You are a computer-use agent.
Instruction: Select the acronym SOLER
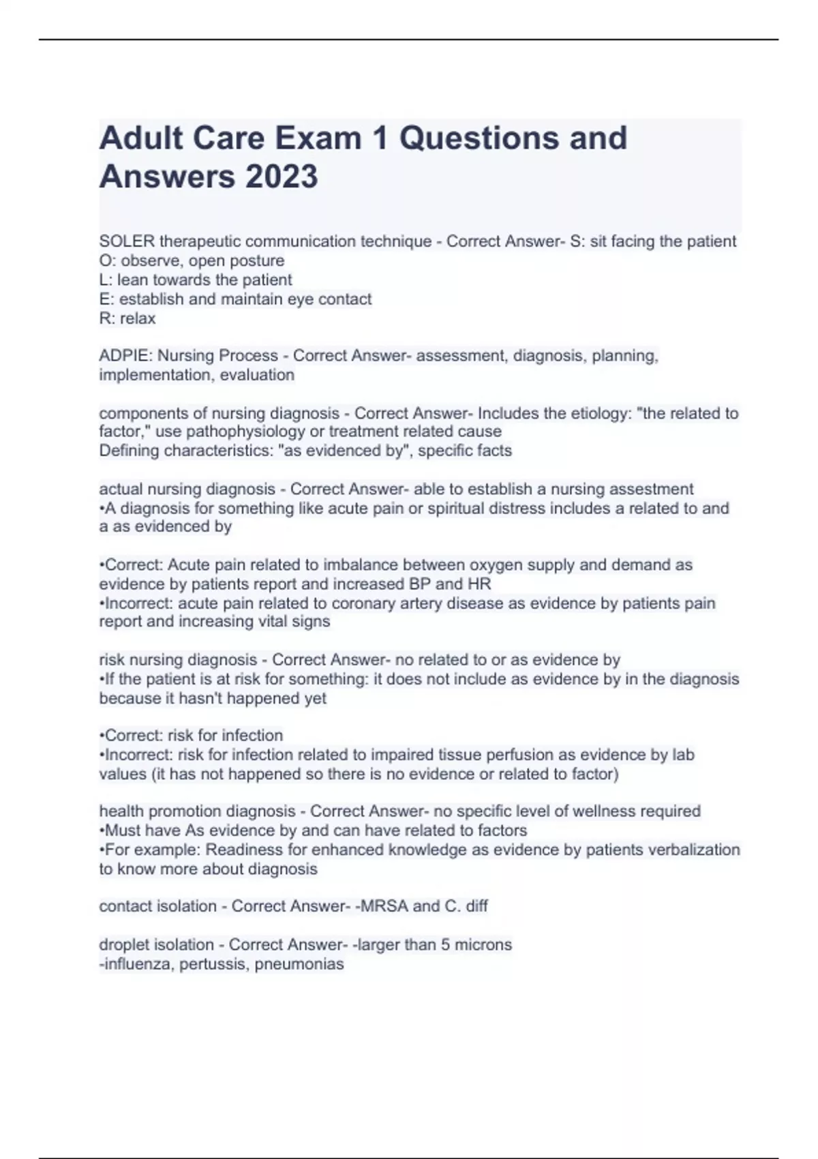[x=127, y=241]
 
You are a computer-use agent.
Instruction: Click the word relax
[x=138, y=318]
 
